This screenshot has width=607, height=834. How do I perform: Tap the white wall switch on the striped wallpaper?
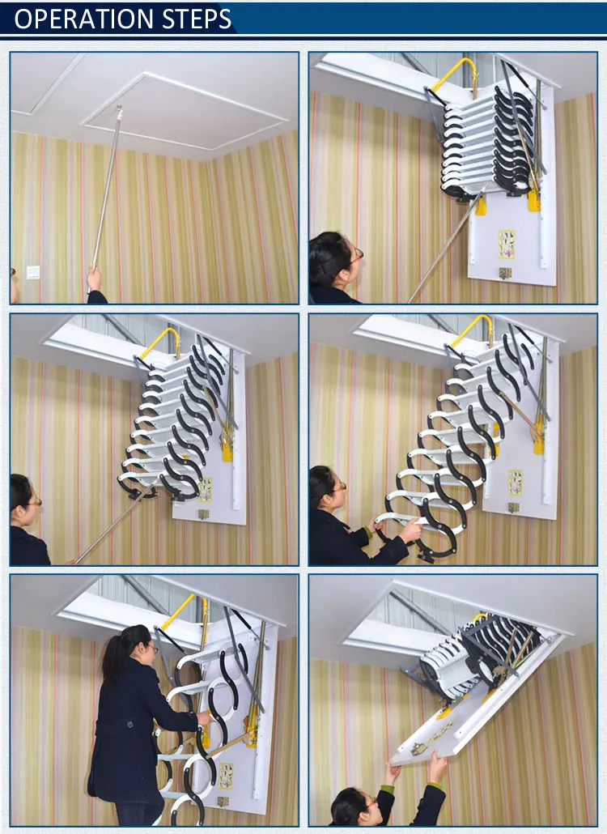pyautogui.click(x=33, y=272)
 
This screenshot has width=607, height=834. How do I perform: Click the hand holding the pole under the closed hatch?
pyautogui.click(x=95, y=279)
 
